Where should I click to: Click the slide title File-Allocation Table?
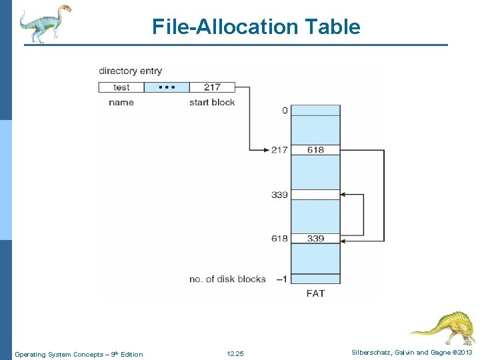pyautogui.click(x=256, y=27)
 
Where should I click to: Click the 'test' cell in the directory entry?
pyautogui.click(x=121, y=87)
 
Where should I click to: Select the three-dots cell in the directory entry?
pyautogui.click(x=167, y=87)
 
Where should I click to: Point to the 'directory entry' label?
pyautogui.click(x=130, y=71)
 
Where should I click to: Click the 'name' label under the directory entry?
pyautogui.click(x=121, y=102)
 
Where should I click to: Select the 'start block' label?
pyautogui.click(x=212, y=102)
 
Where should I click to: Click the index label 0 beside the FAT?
pyautogui.click(x=285, y=110)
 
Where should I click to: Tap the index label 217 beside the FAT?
pyautogui.click(x=279, y=149)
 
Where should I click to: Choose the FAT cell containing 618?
pyautogui.click(x=315, y=149)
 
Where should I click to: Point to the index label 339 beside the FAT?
pyautogui.click(x=279, y=195)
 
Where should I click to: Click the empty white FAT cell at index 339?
pyautogui.click(x=315, y=195)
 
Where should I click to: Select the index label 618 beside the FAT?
pyautogui.click(x=279, y=238)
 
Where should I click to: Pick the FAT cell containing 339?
pyautogui.click(x=315, y=238)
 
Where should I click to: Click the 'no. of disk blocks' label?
pyautogui.click(x=227, y=279)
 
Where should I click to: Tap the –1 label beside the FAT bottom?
pyautogui.click(x=282, y=279)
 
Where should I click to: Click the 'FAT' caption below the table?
pyautogui.click(x=315, y=293)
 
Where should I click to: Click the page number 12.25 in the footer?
pyautogui.click(x=235, y=353)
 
